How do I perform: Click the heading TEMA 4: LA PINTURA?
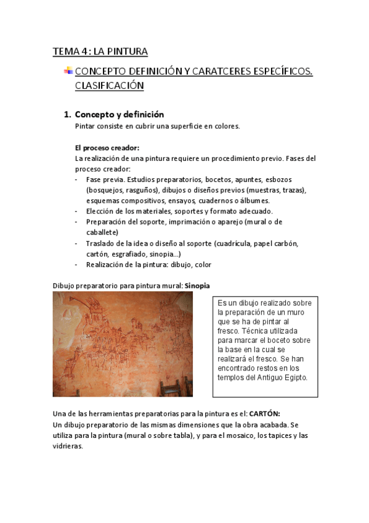100,51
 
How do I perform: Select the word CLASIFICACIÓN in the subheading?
109,86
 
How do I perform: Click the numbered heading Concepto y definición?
119,114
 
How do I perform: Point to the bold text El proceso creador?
107,148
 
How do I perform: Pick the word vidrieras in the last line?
67,446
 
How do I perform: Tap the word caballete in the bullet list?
102,233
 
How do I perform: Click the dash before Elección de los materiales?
76,212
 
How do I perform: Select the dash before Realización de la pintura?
76,265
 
